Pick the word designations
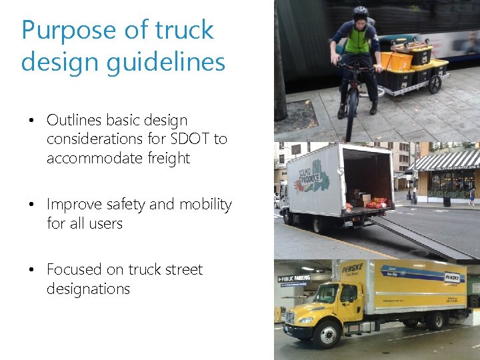coord(88,289)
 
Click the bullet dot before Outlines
coord(31,121)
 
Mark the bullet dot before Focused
coord(31,270)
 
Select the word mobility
coord(203,204)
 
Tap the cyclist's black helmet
coord(361,11)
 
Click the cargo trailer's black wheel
coord(435,84)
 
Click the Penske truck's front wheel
coord(328,333)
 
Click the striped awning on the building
coord(445,159)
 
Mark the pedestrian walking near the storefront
coord(472,195)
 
